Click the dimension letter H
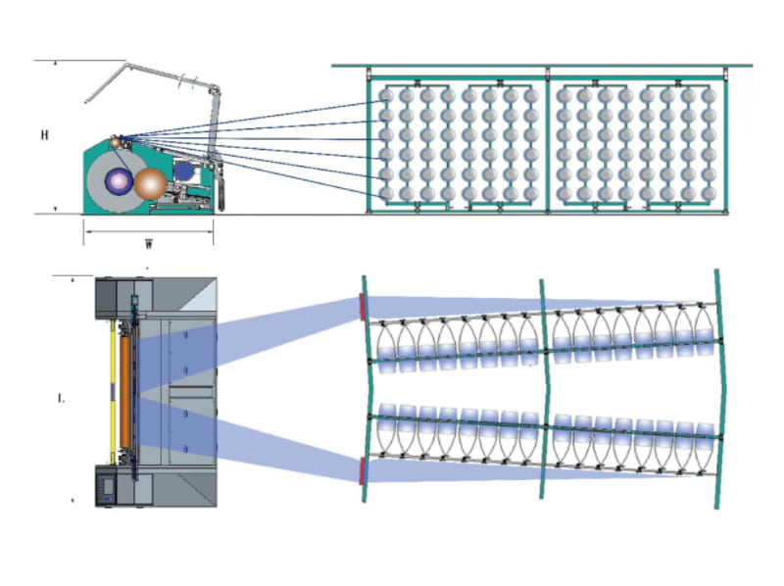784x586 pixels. pos(45,135)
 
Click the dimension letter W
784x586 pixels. pos(147,244)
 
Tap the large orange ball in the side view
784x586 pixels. pos(152,184)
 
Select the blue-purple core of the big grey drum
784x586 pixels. pos(121,179)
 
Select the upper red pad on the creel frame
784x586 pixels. pos(363,306)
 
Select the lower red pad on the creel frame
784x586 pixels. pos(363,470)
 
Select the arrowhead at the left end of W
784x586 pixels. pos(85,231)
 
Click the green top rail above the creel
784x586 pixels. pos(544,67)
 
